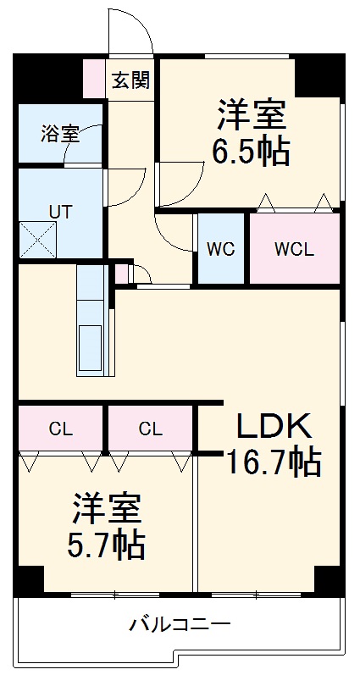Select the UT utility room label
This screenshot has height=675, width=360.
point(58,212)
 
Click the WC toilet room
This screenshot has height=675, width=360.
point(221,249)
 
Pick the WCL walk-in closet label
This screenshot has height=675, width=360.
point(294,249)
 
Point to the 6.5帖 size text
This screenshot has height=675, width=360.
point(251,152)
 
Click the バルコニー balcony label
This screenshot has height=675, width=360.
point(180,625)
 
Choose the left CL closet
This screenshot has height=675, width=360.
point(60,429)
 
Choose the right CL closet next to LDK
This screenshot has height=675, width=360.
point(150,429)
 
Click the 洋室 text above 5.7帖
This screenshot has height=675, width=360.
point(106,508)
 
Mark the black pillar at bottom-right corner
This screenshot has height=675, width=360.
point(328,580)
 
